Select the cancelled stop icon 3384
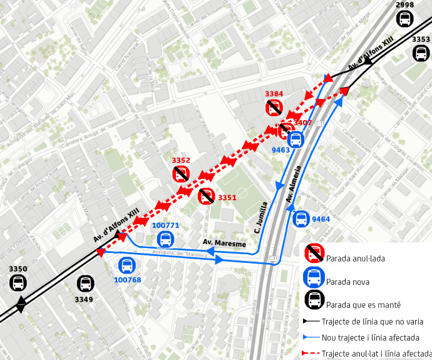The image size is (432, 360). (274, 108)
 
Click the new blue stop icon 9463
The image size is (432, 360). (296, 140)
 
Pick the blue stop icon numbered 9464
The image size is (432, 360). (301, 219)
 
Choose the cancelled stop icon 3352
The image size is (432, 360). (182, 173)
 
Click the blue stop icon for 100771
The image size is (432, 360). (166, 239)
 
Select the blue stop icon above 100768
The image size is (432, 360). (127, 265)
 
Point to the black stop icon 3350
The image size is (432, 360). (18, 282)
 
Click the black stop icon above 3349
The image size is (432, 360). (85, 284)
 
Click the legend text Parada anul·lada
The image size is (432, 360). (356, 258)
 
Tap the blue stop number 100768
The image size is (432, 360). (128, 279)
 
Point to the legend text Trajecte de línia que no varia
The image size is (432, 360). (373, 322)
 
